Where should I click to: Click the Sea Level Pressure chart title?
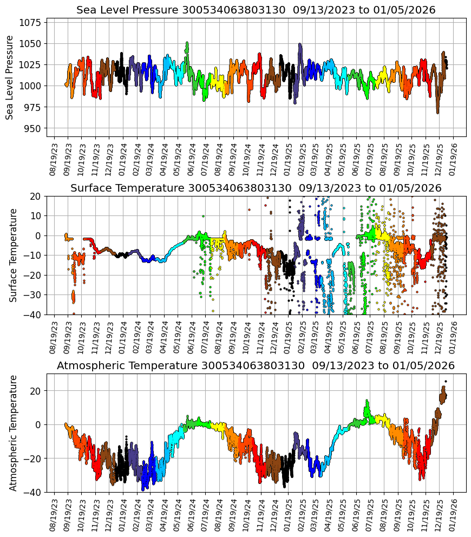click(256, 10)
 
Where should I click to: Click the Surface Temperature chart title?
click(256, 188)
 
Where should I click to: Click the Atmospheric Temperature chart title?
click(256, 366)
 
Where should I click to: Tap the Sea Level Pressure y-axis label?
click(10, 77)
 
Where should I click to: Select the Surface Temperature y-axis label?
click(14, 255)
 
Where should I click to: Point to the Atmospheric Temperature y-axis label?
click(14, 433)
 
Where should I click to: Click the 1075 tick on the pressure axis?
click(31, 22)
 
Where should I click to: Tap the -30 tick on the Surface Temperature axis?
click(33, 295)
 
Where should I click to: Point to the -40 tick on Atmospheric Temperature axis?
click(33, 492)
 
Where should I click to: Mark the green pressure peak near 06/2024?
click(187, 43)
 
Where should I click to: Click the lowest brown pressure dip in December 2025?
click(437, 112)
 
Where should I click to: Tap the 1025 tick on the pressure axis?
click(31, 65)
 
